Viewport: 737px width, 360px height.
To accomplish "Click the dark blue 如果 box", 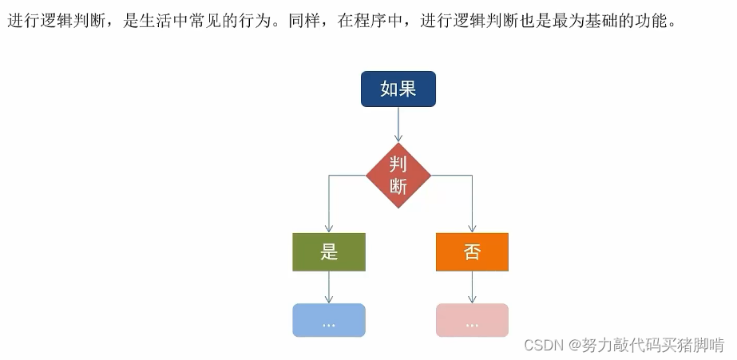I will tap(398, 89).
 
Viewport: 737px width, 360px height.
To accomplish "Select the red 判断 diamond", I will tap(398, 176).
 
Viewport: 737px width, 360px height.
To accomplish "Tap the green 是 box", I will tap(329, 252).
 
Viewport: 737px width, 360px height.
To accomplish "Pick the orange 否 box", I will tap(472, 252).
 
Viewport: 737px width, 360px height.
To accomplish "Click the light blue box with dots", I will tap(329, 320).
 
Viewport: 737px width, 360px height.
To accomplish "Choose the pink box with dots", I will tap(472, 320).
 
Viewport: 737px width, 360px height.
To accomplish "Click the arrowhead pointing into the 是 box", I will tap(329, 227).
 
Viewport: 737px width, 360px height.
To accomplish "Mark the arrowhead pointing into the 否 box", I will tap(472, 227).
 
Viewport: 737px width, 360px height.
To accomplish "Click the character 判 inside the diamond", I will tap(398, 164).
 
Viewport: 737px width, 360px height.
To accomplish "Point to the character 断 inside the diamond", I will tap(398, 187).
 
